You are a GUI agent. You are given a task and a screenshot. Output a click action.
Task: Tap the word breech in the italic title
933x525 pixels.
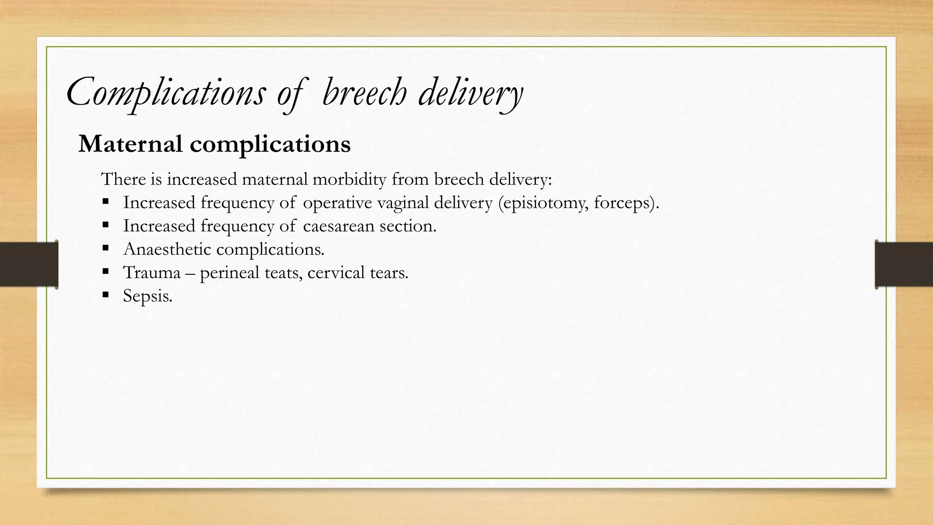coord(364,93)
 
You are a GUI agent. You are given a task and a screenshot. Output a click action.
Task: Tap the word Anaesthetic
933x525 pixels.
coord(167,249)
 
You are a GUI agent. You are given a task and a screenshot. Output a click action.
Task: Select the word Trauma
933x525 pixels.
coord(152,273)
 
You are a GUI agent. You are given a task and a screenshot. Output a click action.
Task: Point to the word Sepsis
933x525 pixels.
coord(147,296)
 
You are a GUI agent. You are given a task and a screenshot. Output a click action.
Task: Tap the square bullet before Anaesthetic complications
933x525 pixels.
coord(106,248)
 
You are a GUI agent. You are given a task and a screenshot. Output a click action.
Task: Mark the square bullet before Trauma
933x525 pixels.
coord(106,271)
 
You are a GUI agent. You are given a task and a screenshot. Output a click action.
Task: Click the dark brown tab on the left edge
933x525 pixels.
coord(29,264)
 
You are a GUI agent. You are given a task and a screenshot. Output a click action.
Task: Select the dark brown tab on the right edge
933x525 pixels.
coord(904,264)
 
